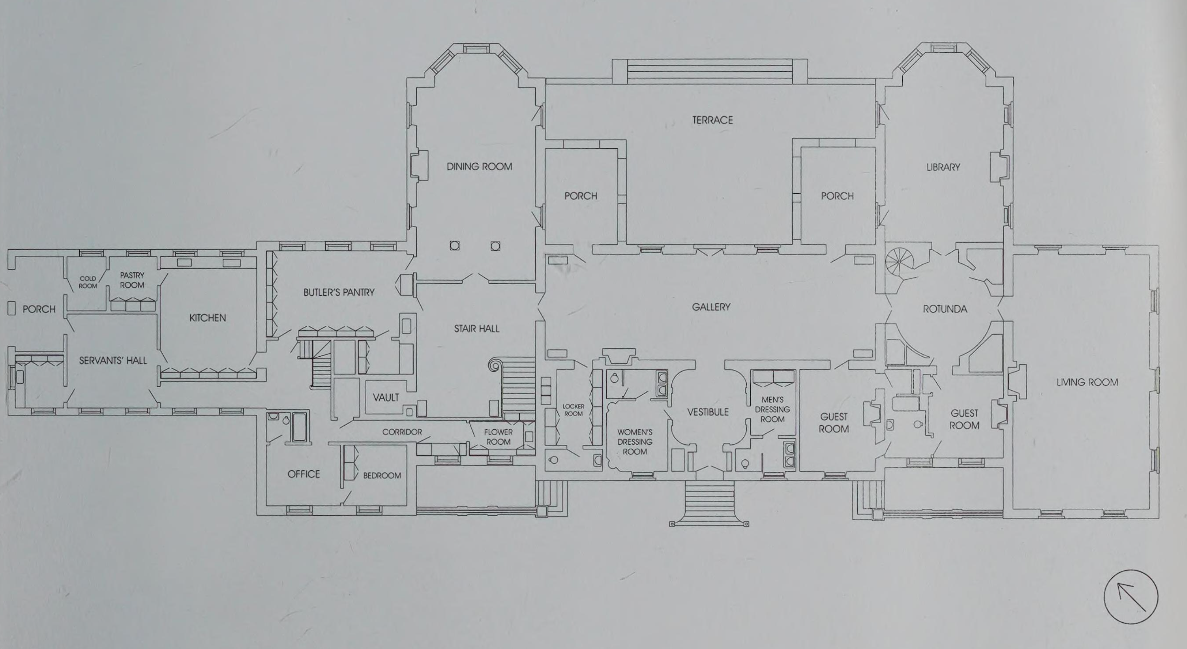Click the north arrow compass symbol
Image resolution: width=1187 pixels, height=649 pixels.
1130,597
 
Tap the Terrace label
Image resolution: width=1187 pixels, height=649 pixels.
712,120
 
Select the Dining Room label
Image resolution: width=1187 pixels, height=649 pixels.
479,167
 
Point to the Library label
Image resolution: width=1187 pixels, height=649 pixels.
943,167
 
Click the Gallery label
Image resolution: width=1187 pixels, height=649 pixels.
711,307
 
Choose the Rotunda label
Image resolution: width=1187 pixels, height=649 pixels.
945,309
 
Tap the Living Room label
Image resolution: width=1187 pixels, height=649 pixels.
1087,382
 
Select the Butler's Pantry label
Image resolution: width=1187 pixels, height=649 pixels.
339,292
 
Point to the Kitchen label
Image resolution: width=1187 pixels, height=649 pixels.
207,318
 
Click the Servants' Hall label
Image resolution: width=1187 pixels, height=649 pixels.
113,361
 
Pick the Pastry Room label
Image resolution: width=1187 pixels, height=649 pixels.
132,280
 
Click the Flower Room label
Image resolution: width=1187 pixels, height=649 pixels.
498,437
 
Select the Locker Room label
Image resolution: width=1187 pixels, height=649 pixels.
573,410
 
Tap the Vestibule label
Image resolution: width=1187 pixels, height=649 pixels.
708,412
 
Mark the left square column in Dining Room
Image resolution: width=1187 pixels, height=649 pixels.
454,246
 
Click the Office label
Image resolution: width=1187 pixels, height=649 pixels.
303,474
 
